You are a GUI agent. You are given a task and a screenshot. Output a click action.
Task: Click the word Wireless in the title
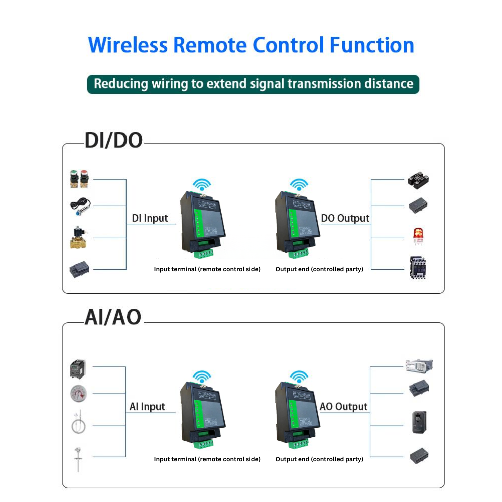pyautogui.click(x=128, y=45)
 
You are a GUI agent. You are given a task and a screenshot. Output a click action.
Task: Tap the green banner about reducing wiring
pyautogui.click(x=253, y=83)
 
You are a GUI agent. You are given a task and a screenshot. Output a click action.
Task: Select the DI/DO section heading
pyautogui.click(x=113, y=141)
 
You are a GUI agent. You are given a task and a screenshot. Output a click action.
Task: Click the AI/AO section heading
pyautogui.click(x=112, y=317)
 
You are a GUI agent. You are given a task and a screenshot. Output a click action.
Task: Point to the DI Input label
pyautogui.click(x=150, y=219)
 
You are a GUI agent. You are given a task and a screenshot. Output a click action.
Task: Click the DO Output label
pyautogui.click(x=345, y=218)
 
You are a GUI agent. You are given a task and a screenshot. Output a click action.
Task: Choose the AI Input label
pyautogui.click(x=147, y=407)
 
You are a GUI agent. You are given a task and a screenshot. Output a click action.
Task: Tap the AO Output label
pyautogui.click(x=344, y=407)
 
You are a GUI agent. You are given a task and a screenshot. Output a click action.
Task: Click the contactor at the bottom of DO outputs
pyautogui.click(x=417, y=268)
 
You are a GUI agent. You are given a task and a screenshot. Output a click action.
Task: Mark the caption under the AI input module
pyautogui.click(x=207, y=459)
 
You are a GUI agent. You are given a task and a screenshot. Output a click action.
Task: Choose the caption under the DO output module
pyautogui.click(x=319, y=269)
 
